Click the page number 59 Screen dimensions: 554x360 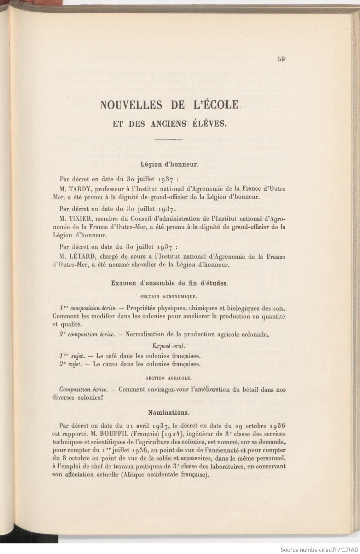click(281, 59)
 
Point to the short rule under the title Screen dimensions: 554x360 click(169, 140)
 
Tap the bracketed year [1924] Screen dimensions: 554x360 click(172, 434)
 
